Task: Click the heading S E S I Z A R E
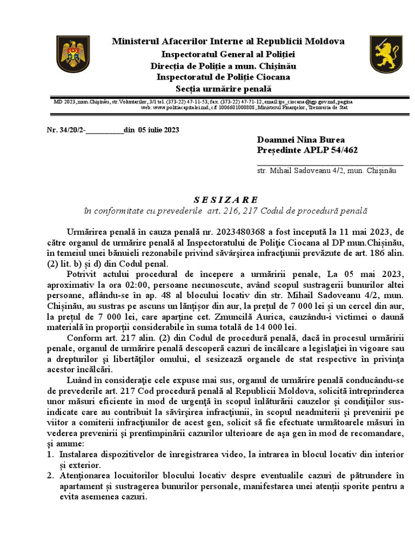[x=226, y=199]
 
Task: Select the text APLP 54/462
[x=332, y=150]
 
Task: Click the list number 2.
[x=49, y=476]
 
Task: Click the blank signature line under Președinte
[x=330, y=162]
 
